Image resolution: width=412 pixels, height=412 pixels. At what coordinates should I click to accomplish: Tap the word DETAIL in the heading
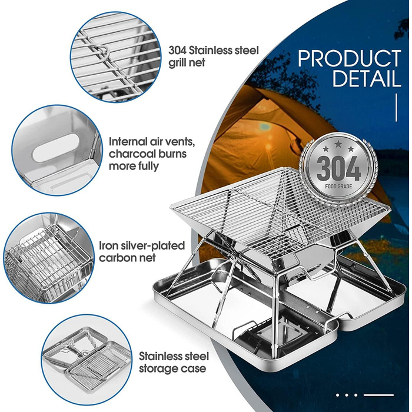point(367,78)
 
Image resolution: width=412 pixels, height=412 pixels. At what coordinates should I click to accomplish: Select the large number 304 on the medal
point(338,168)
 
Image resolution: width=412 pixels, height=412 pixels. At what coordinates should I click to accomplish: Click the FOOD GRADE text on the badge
point(338,187)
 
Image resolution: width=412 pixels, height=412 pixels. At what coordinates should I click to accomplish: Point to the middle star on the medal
point(338,144)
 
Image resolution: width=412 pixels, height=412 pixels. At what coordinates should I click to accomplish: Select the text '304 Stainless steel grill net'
point(213,57)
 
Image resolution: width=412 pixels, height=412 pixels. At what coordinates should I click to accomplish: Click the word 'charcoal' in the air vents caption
point(131,154)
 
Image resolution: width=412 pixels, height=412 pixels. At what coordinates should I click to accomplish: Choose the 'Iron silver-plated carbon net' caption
point(142,252)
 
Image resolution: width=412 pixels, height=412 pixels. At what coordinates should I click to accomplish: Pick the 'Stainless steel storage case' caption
point(174,363)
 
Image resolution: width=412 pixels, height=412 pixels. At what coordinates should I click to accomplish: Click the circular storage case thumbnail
point(87,360)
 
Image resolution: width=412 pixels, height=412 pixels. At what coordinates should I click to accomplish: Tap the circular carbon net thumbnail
point(49,258)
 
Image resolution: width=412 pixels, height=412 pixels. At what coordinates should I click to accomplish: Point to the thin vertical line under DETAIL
point(396,108)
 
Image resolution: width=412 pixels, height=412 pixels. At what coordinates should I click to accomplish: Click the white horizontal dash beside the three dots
point(378,395)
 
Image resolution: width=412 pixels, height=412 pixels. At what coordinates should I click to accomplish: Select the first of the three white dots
point(338,395)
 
